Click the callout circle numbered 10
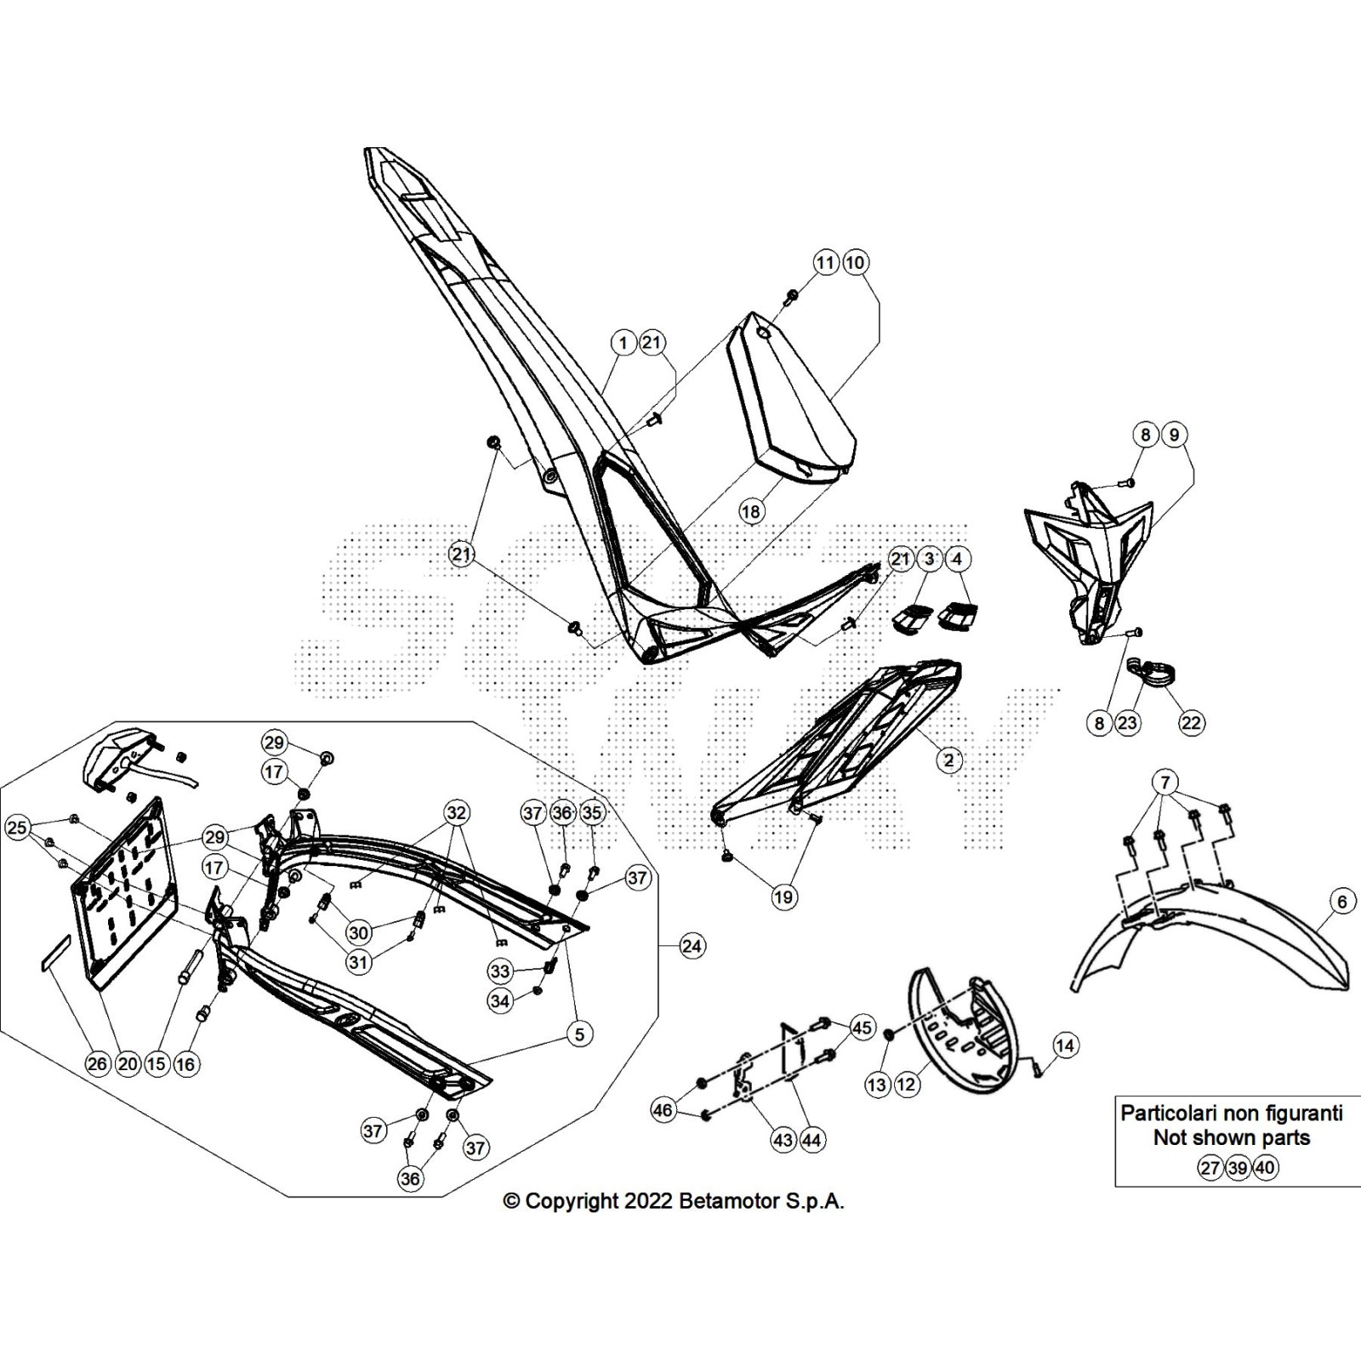click(855, 263)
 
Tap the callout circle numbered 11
click(825, 263)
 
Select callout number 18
click(750, 511)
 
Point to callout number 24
click(692, 945)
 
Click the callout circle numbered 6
click(1342, 902)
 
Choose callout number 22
click(1191, 723)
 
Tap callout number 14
click(1065, 1045)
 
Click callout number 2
click(948, 760)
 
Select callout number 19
click(783, 897)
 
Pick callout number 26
click(98, 1063)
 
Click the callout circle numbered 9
click(1174, 435)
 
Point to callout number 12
click(907, 1085)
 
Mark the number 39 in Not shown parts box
click(1238, 1168)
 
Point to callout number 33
click(499, 971)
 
